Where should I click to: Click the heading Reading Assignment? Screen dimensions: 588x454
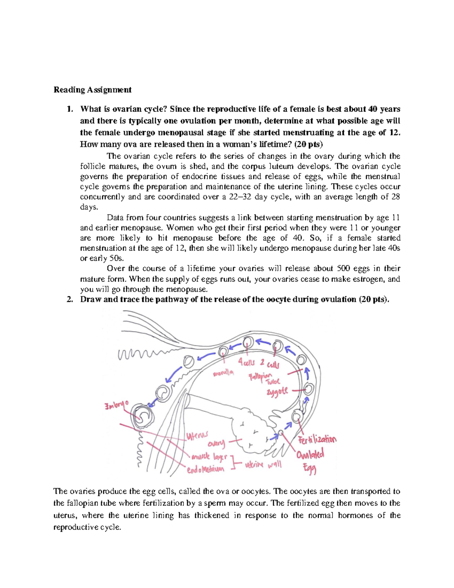(x=92, y=90)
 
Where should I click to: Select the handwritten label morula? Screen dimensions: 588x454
(x=223, y=373)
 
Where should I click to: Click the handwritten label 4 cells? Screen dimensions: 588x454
(x=246, y=362)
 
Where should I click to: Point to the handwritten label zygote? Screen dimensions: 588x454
(x=277, y=391)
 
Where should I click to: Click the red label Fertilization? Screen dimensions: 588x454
(x=317, y=440)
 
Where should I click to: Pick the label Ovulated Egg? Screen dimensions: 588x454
(x=310, y=460)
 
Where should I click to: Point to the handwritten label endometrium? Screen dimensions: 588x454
(x=205, y=469)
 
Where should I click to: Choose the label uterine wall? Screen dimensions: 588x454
(x=263, y=465)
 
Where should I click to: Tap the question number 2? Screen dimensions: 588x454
(x=69, y=299)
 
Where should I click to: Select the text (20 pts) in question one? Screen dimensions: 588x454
(x=309, y=144)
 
